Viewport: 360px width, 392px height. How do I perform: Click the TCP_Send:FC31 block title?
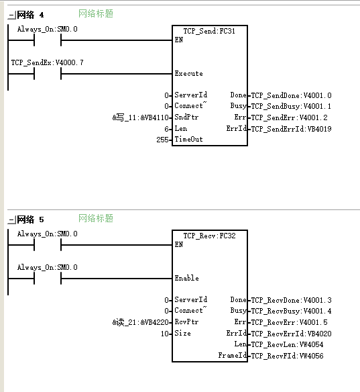(209, 31)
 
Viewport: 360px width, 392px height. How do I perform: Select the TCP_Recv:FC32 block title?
(209, 236)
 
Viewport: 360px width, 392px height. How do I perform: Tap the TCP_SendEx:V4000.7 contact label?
(47, 62)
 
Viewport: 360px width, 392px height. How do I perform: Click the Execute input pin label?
(189, 74)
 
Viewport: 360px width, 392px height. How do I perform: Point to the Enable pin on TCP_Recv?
(187, 278)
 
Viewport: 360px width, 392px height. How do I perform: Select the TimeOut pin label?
(189, 139)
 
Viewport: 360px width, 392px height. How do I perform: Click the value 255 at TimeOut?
(162, 140)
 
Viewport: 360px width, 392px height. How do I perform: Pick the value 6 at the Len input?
(166, 129)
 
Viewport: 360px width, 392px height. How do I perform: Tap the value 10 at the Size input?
(165, 334)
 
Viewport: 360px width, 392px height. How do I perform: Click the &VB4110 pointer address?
(155, 117)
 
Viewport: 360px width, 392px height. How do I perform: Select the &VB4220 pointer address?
(155, 322)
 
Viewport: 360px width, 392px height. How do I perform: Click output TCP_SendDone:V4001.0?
(292, 95)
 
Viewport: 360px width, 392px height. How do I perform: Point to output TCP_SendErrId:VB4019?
(292, 129)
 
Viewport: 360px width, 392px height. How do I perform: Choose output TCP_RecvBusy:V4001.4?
(292, 311)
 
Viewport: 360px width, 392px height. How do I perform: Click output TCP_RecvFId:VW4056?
(288, 356)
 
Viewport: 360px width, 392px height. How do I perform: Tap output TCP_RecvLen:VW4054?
(288, 344)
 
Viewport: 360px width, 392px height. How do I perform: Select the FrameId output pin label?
(233, 355)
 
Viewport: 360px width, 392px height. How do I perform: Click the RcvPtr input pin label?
(186, 322)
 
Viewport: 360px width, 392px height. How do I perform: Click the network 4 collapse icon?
(11, 15)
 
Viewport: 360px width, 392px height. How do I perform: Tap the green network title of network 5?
(96, 218)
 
